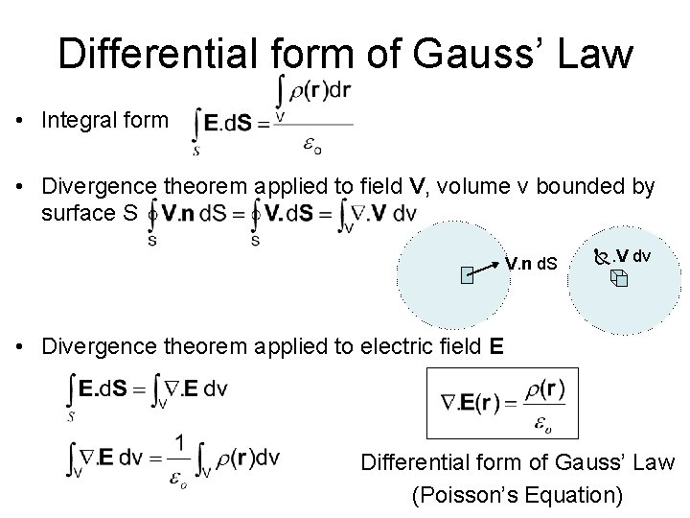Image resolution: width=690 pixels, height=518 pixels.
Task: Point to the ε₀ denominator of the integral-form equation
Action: pyautogui.click(x=313, y=145)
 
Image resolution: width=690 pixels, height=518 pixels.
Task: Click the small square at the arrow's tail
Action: pyautogui.click(x=466, y=278)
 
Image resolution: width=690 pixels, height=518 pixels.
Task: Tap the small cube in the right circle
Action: pyautogui.click(x=617, y=279)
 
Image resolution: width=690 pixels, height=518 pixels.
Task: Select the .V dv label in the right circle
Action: pyautogui.click(x=632, y=256)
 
